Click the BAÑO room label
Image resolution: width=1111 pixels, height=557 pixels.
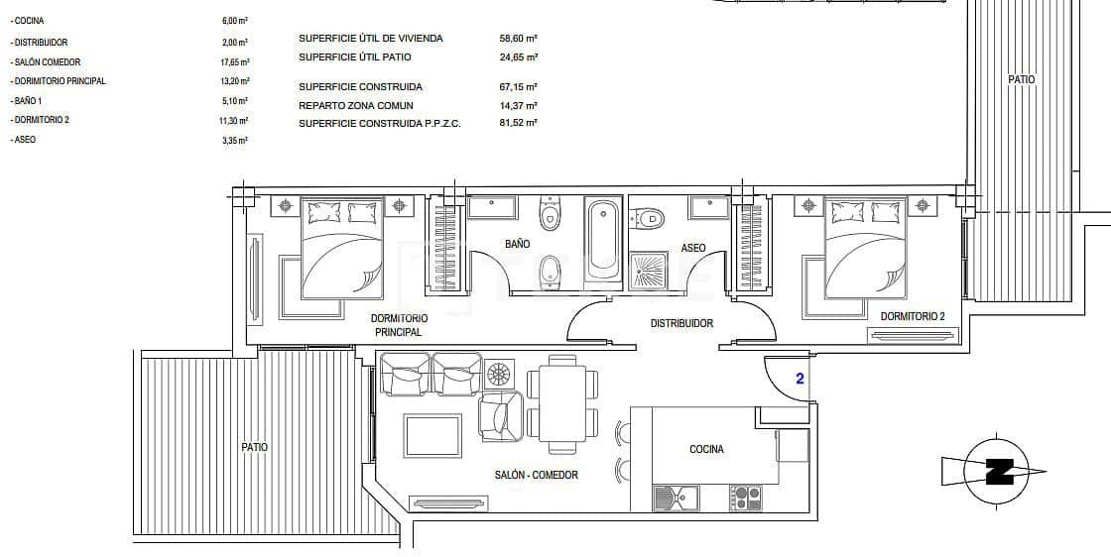[516, 244]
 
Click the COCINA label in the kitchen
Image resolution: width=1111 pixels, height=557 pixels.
[706, 449]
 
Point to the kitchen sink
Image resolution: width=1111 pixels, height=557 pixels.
[676, 498]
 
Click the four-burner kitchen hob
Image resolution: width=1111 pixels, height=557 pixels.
[745, 498]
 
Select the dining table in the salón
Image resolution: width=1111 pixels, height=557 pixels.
[562, 396]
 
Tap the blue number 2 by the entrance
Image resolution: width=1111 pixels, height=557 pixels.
[799, 378]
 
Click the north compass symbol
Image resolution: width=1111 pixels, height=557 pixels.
[997, 472]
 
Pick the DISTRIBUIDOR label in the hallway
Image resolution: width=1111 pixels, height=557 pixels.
[681, 323]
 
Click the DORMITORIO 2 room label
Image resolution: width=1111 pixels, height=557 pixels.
[913, 317]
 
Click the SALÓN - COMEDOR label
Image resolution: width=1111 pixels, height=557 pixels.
[536, 475]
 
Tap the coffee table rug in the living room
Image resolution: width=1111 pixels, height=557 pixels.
[432, 436]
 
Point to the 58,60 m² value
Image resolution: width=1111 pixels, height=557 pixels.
[518, 39]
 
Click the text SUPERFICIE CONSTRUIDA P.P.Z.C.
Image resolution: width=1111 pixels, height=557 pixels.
[380, 123]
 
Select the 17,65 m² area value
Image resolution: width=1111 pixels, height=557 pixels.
[234, 62]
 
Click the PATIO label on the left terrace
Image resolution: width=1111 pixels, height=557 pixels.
[254, 447]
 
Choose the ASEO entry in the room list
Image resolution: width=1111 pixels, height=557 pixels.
[25, 140]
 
